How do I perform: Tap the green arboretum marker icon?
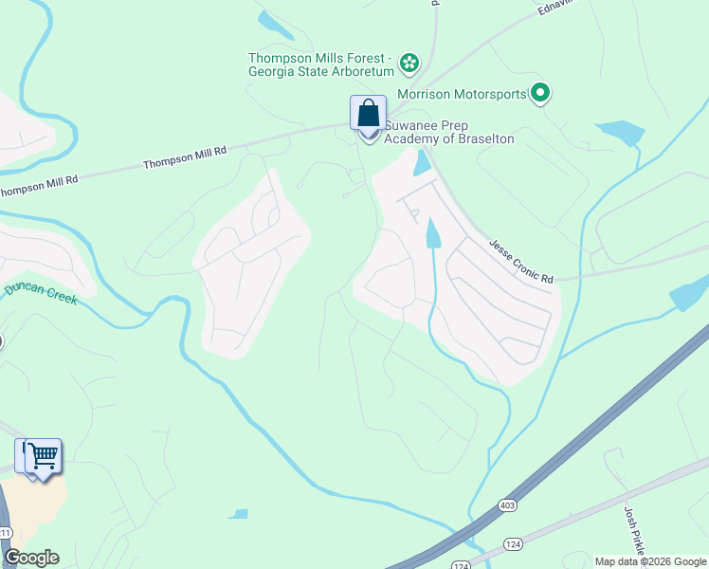click(x=409, y=64)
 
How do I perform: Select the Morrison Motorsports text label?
click(x=462, y=94)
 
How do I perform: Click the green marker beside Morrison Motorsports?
click(x=540, y=93)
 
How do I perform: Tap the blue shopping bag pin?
click(x=368, y=114)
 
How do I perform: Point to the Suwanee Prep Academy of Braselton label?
click(x=449, y=133)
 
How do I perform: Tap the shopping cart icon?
click(x=43, y=456)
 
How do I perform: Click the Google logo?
click(x=31, y=558)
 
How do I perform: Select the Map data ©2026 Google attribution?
click(x=650, y=561)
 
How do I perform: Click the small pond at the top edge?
click(x=276, y=25)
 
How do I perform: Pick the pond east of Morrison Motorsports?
click(x=620, y=133)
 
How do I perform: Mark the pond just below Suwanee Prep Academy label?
click(x=423, y=164)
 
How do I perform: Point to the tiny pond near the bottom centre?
click(x=238, y=514)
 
